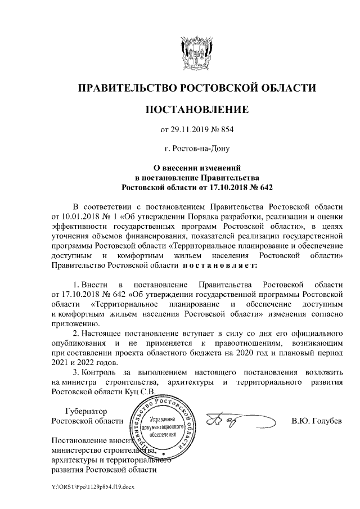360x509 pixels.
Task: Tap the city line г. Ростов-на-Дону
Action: click(x=196, y=149)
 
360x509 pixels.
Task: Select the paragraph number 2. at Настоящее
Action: click(x=77, y=334)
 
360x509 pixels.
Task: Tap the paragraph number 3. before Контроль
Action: click(x=77, y=372)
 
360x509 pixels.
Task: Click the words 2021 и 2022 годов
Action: click(x=81, y=362)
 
